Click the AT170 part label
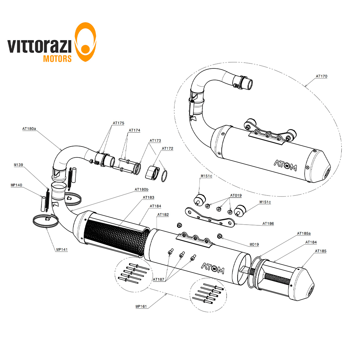[321, 76]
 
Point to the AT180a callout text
[29, 129]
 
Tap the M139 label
[18, 165]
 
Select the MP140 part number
[16, 185]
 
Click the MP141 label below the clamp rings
[62, 249]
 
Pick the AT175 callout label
[118, 123]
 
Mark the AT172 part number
[168, 148]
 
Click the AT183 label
[149, 197]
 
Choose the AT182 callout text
[163, 215]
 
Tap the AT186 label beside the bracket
[268, 224]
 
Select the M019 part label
[254, 244]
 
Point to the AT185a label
[304, 233]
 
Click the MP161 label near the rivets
[141, 306]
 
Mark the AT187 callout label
[159, 279]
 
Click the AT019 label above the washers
[236, 195]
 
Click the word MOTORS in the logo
[57, 59]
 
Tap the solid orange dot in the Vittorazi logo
[85, 49]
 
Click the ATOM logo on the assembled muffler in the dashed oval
[285, 165]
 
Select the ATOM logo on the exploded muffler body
[213, 268]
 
